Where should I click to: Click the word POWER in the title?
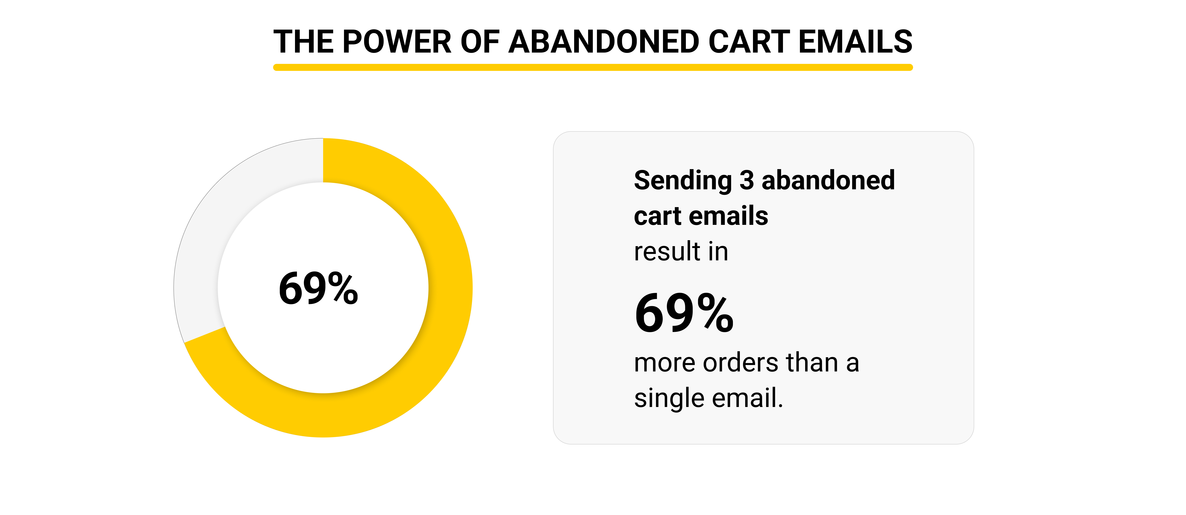(x=397, y=41)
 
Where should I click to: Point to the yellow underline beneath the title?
(x=593, y=67)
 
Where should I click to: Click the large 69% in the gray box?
(x=684, y=313)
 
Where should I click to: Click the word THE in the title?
(x=303, y=41)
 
